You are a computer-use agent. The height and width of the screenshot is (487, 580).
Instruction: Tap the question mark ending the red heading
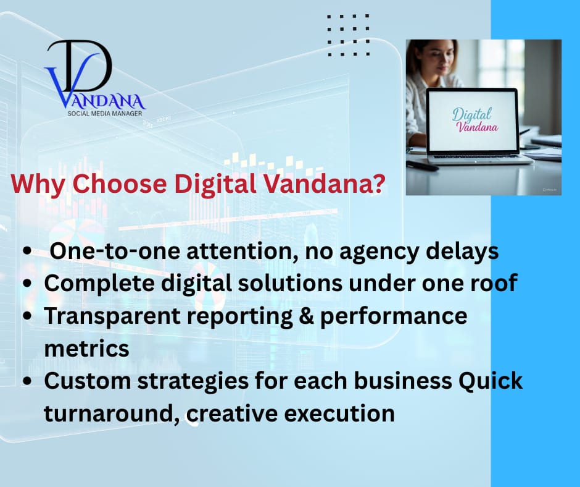pos(378,183)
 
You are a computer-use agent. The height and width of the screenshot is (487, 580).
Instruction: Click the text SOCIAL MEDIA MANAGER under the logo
pos(105,114)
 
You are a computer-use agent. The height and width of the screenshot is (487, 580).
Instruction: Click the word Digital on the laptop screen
pos(471,114)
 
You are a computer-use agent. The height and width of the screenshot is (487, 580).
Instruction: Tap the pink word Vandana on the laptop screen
pos(477,127)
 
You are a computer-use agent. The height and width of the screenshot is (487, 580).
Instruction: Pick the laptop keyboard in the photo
pos(477,156)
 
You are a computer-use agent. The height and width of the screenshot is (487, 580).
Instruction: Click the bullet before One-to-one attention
pos(27,250)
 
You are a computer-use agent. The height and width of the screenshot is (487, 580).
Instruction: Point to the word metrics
pos(87,349)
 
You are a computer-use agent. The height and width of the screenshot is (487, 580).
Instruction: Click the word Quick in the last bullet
pos(491,381)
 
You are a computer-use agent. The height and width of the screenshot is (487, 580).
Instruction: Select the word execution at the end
pos(339,413)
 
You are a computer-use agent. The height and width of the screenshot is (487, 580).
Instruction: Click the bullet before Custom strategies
pos(27,381)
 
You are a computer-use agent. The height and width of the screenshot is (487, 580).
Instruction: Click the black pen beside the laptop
pos(423,165)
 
